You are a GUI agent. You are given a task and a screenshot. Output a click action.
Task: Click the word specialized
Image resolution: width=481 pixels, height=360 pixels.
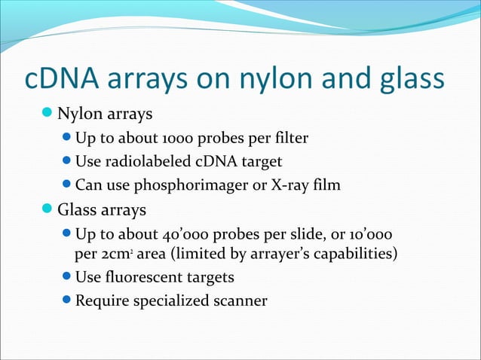coord(170,301)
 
